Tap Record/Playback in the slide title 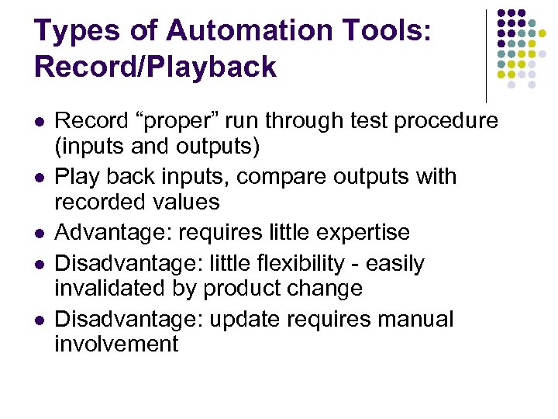click(x=155, y=67)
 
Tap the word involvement click(x=116, y=344)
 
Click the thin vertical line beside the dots click(x=486, y=54)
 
